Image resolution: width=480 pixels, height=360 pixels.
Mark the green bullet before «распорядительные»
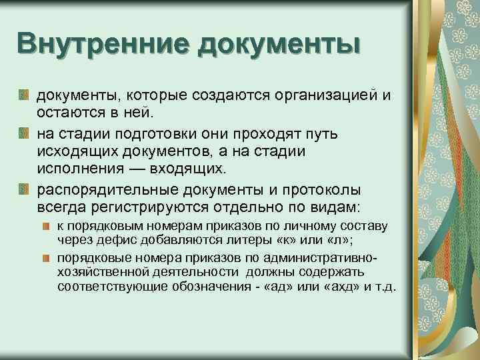point(24,189)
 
